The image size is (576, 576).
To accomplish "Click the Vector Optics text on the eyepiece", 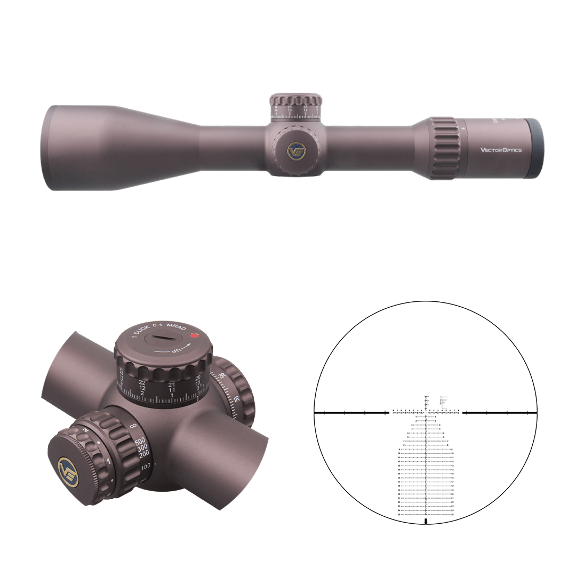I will (x=501, y=150).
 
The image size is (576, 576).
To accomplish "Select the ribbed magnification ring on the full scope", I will (x=443, y=148).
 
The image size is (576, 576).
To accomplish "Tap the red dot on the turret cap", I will (x=194, y=336).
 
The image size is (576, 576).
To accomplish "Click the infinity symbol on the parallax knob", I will (x=134, y=426).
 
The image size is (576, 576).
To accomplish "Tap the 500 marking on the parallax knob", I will (x=140, y=442).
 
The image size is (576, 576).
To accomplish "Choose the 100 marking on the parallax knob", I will (x=146, y=466).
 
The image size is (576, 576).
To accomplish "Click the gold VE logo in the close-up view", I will (x=68, y=472).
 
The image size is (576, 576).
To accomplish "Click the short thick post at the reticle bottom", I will (x=426, y=521).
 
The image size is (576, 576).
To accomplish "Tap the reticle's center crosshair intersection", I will (x=426, y=413).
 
